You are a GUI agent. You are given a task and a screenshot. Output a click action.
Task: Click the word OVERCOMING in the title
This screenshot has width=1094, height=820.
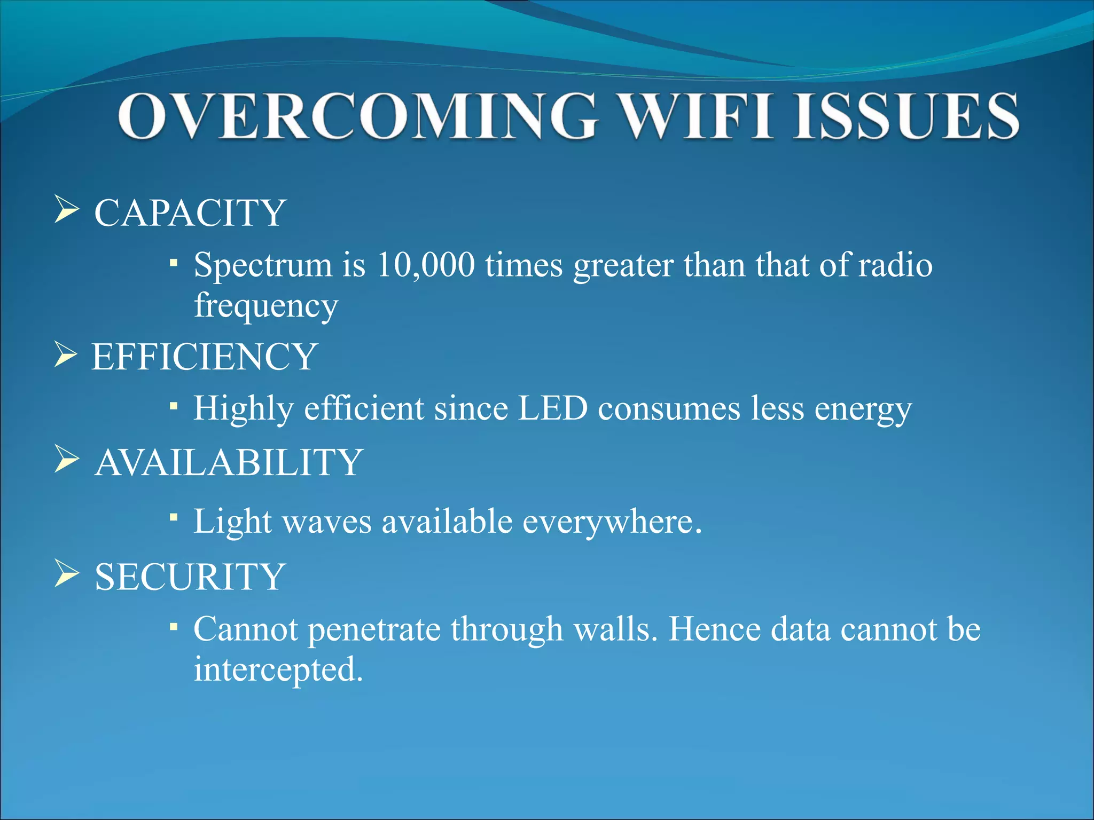tap(356, 116)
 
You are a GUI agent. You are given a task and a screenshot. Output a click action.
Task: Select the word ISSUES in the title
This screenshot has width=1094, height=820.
tap(905, 116)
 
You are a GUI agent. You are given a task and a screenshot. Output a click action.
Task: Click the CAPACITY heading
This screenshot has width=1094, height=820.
tap(190, 213)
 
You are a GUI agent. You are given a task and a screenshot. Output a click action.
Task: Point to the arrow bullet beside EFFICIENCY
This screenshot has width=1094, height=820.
tap(66, 355)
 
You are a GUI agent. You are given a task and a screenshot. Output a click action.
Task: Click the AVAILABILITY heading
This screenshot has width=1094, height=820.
tap(229, 462)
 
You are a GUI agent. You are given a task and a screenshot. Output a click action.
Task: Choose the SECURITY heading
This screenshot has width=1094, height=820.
tap(190, 577)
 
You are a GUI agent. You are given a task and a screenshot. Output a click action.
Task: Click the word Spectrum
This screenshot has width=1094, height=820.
tap(262, 265)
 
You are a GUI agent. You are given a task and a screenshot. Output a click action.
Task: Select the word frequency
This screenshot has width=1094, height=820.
tap(265, 306)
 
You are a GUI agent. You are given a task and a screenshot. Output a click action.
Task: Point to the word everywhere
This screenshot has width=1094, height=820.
tap(611, 522)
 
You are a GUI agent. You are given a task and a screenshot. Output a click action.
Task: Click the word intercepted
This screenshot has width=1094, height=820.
tap(278, 669)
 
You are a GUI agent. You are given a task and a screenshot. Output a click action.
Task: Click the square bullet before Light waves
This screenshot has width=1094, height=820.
tap(173, 517)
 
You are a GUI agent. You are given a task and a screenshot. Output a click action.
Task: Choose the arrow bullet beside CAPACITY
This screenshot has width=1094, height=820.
tap(66, 210)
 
